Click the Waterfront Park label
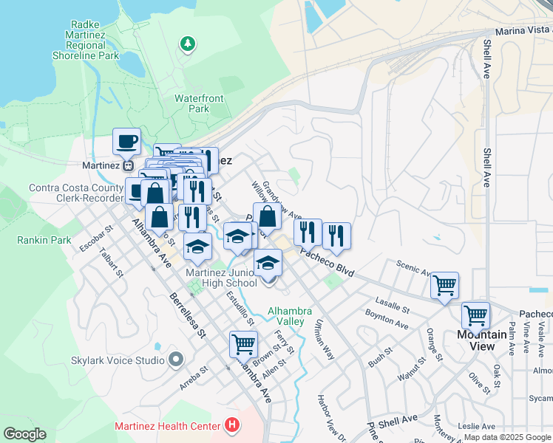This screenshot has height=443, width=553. (198, 103)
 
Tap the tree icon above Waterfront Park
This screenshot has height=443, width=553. (189, 44)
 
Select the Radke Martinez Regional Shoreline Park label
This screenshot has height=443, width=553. (86, 40)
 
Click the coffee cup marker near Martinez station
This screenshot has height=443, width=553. (126, 140)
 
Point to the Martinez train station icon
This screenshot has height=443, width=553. (128, 165)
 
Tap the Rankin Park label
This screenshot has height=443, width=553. (44, 240)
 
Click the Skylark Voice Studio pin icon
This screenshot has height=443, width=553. (176, 360)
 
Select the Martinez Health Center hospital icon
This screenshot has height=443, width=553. (232, 426)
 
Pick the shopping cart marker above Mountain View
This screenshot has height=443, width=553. (475, 315)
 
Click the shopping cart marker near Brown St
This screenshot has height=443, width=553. (243, 343)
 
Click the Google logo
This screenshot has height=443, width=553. (24, 434)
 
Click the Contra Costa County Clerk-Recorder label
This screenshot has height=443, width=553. (75, 193)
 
